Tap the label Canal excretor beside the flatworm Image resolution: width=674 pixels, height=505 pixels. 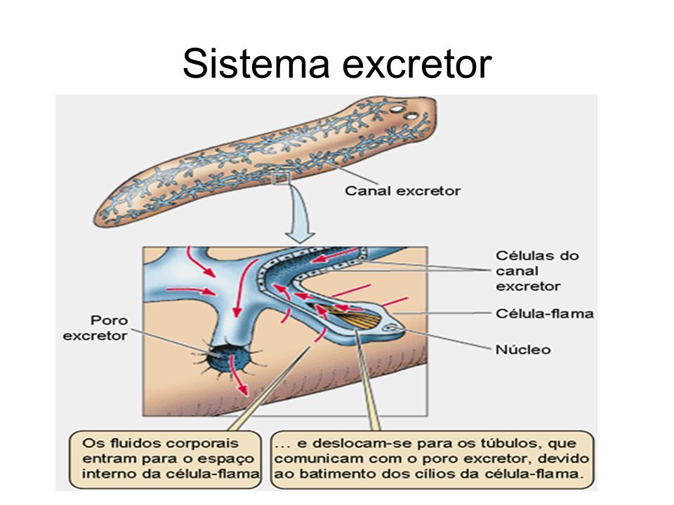coord(402,191)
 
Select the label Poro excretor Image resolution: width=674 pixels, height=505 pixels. coord(95,328)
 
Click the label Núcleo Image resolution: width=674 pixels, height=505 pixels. coord(523,349)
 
